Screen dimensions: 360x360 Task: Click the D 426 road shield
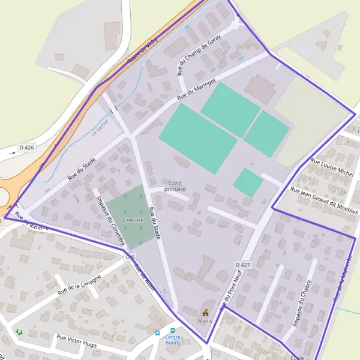pos(26,147)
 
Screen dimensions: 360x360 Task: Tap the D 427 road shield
pos(242,265)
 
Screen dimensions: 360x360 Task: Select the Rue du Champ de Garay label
pos(199,55)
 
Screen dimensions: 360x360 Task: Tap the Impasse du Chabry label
pos(302,303)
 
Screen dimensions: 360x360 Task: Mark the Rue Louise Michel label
pos(332,166)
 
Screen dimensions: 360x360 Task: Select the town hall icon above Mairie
pos(206,313)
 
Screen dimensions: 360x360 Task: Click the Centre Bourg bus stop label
pos(173,340)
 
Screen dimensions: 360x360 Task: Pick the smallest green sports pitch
pos(248,182)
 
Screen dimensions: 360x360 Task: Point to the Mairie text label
pos(206,321)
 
